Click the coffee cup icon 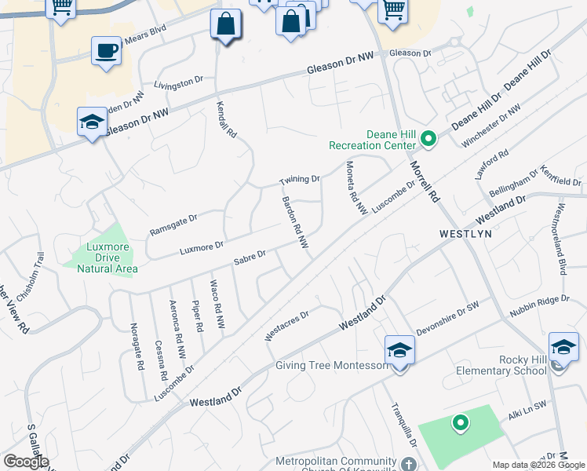click(x=106, y=52)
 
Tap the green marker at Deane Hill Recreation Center click(x=428, y=140)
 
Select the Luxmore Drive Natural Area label click(x=108, y=258)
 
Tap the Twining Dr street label click(x=300, y=181)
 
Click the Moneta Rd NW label click(x=356, y=188)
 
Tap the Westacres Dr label click(x=287, y=324)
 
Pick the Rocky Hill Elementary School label click(x=516, y=366)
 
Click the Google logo click(x=26, y=462)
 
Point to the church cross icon click(x=408, y=464)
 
